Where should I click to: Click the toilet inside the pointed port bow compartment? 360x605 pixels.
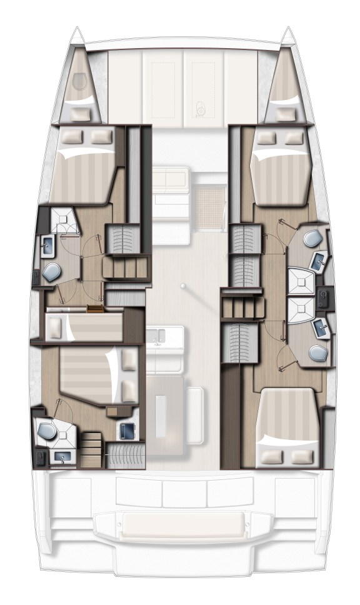coord(79,81)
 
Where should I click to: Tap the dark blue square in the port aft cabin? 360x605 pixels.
coord(128,431)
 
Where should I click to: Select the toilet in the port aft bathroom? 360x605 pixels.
coord(46,431)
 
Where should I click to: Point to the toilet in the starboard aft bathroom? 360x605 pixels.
coord(317,353)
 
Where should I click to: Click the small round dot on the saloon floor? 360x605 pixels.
coord(182,286)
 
